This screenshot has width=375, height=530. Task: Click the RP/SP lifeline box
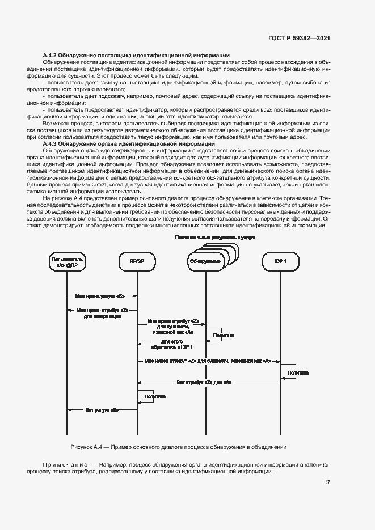pyautogui.click(x=137, y=261)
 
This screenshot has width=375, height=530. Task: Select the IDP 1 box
pyautogui.click(x=280, y=261)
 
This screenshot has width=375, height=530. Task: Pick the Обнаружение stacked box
pyautogui.click(x=205, y=261)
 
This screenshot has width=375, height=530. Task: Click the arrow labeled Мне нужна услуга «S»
pyautogui.click(x=101, y=296)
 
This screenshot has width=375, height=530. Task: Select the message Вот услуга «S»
pyautogui.click(x=102, y=409)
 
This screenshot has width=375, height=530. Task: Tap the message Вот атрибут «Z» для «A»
pyautogui.click(x=204, y=383)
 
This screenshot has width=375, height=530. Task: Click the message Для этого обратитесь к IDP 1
pyautogui.click(x=176, y=344)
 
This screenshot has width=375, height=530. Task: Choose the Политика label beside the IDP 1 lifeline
pyautogui.click(x=297, y=372)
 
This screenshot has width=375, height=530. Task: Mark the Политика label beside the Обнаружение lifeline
pyautogui.click(x=224, y=336)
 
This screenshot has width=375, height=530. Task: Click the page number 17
pyautogui.click(x=327, y=482)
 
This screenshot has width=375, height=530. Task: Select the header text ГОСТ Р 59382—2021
pyautogui.click(x=298, y=39)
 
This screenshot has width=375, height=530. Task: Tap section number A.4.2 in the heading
pyautogui.click(x=52, y=55)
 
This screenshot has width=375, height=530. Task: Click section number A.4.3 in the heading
pyautogui.click(x=52, y=144)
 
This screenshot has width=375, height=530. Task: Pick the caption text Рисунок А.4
pyautogui.click(x=85, y=446)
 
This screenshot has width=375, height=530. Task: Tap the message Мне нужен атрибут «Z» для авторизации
pyautogui.click(x=103, y=313)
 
